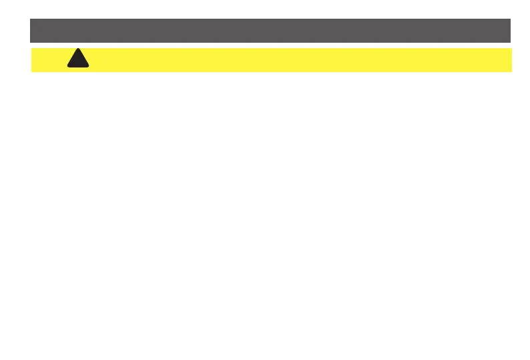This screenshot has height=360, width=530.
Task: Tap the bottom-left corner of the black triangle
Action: coord(67,67)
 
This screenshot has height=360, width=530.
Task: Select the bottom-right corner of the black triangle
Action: coord(90,67)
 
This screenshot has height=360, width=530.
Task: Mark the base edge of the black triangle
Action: coord(78,67)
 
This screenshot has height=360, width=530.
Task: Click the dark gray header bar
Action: coord(270,31)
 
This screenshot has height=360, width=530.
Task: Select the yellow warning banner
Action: coord(300,59)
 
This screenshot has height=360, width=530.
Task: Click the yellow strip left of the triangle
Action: coord(48,59)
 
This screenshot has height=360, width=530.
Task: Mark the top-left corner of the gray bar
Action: coord(31,19)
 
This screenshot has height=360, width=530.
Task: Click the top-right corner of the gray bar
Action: coord(511,19)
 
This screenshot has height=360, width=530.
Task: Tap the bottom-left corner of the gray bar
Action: coord(31,42)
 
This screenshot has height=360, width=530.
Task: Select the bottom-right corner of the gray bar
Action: coord(511,42)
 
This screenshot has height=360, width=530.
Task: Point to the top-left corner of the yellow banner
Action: coord(32,48)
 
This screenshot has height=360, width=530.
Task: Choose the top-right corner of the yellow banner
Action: coord(511,48)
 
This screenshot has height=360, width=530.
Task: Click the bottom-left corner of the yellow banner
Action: coord(32,71)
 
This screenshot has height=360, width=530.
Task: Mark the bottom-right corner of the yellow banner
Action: coord(511,71)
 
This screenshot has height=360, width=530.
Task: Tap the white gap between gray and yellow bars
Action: coord(270,45)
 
